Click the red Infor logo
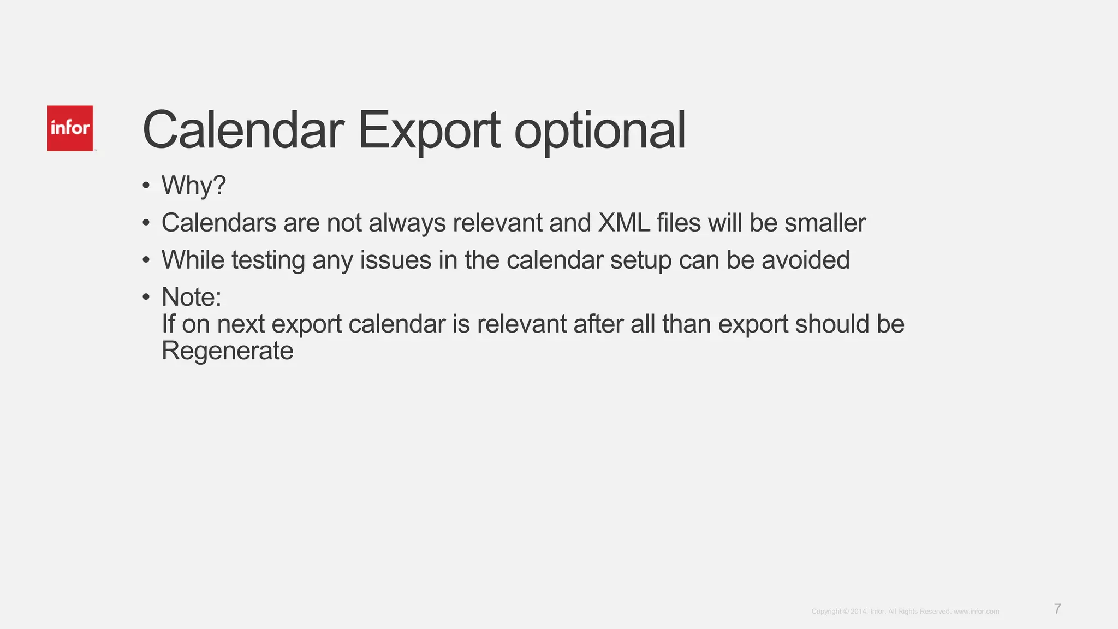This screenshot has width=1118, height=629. point(70,128)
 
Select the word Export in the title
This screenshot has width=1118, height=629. point(429,131)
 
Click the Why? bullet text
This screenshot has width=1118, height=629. point(193,186)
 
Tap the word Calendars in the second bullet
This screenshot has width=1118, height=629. point(218,223)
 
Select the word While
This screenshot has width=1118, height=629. point(193,260)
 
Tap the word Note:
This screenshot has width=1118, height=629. point(192,297)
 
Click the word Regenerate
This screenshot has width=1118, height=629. point(227,351)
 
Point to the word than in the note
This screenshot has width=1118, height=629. point(686,324)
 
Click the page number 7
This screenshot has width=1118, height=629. point(1057,609)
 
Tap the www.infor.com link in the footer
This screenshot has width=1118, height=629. point(976,612)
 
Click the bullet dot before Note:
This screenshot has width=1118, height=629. point(146,298)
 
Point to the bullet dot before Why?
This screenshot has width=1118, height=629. point(146,186)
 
